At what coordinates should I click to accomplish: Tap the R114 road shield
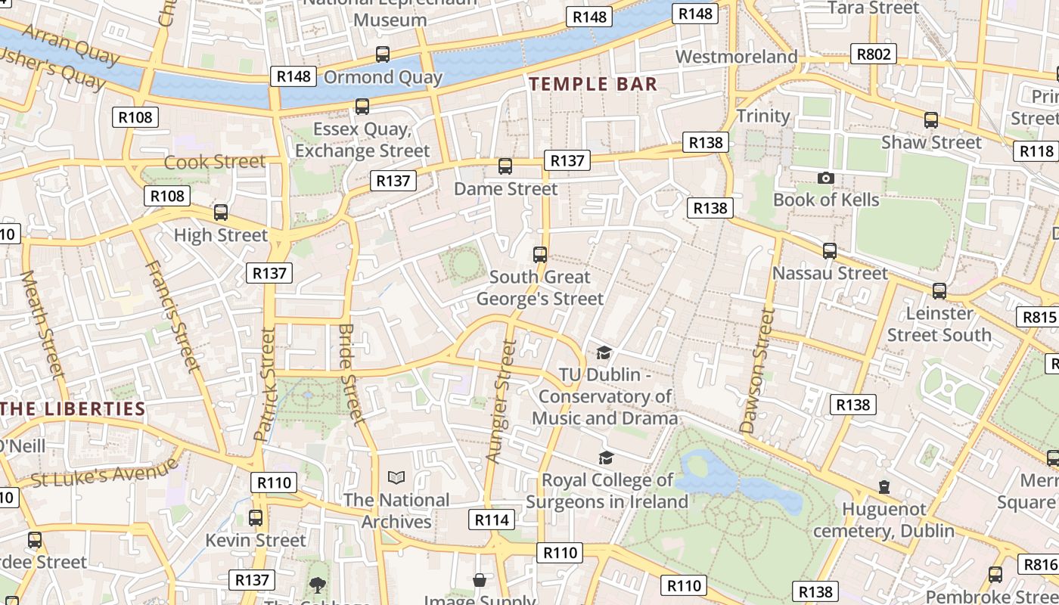492,520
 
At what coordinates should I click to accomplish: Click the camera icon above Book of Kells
825,178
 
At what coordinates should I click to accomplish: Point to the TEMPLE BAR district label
593,84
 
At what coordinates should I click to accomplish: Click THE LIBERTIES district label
73,409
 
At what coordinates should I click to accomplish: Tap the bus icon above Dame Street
505,166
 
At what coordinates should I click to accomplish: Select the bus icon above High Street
220,213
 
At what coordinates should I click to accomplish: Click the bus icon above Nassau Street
830,251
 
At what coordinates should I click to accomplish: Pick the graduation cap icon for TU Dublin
604,353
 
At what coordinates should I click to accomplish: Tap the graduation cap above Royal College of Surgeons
606,458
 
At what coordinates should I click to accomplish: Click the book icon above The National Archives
396,477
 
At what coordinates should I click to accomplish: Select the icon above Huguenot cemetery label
884,487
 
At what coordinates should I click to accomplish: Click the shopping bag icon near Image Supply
480,580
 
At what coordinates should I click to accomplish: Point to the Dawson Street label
758,371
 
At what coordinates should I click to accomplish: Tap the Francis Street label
172,316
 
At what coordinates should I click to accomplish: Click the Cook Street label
215,162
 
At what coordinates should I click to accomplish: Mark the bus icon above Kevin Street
256,518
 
